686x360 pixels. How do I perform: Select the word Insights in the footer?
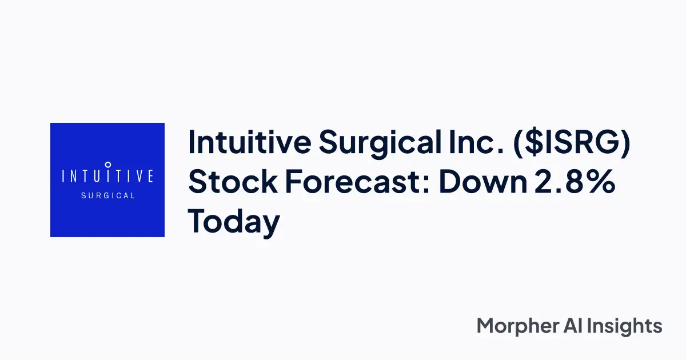[x=629, y=327]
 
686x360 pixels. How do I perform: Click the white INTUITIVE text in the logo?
[x=107, y=175]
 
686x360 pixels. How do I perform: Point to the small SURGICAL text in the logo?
[x=107, y=195]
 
